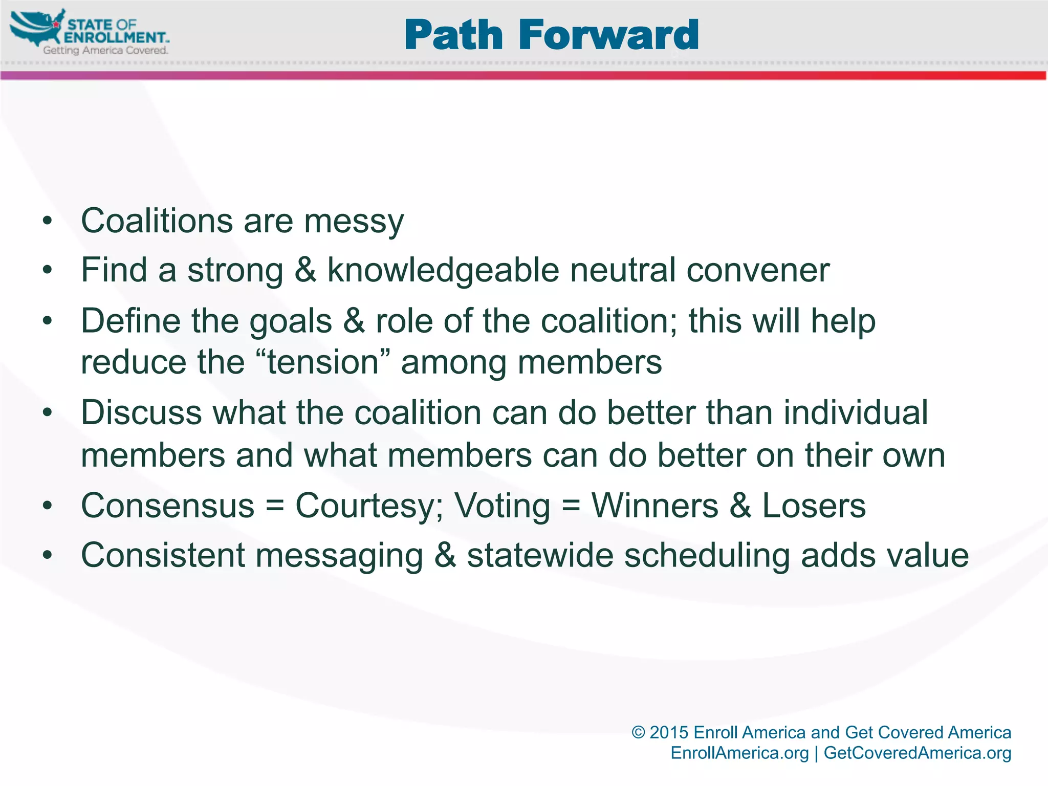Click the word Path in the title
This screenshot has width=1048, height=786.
(453, 35)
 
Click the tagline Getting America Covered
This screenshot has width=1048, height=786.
(105, 50)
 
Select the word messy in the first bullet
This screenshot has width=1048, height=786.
(354, 222)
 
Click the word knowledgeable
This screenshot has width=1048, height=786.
(443, 270)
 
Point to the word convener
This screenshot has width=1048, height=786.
(757, 270)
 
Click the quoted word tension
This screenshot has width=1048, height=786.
(323, 362)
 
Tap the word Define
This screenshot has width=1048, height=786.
(130, 321)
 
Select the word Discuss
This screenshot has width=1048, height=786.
(141, 412)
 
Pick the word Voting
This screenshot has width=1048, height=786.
(502, 506)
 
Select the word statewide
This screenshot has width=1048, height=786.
(540, 555)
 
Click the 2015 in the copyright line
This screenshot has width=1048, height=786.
(669, 732)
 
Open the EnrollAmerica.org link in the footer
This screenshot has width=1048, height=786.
(739, 753)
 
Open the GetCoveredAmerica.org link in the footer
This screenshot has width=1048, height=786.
(917, 753)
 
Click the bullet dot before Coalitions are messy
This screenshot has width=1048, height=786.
(48, 222)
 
